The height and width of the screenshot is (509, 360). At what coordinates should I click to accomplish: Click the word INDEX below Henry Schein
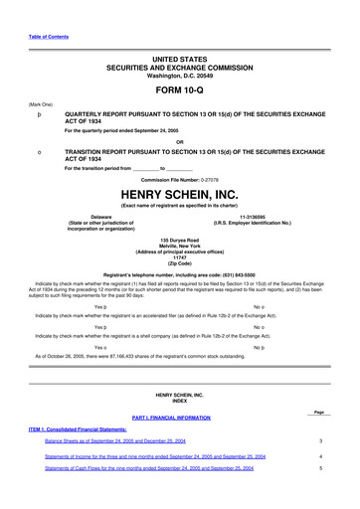pos(179,401)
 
